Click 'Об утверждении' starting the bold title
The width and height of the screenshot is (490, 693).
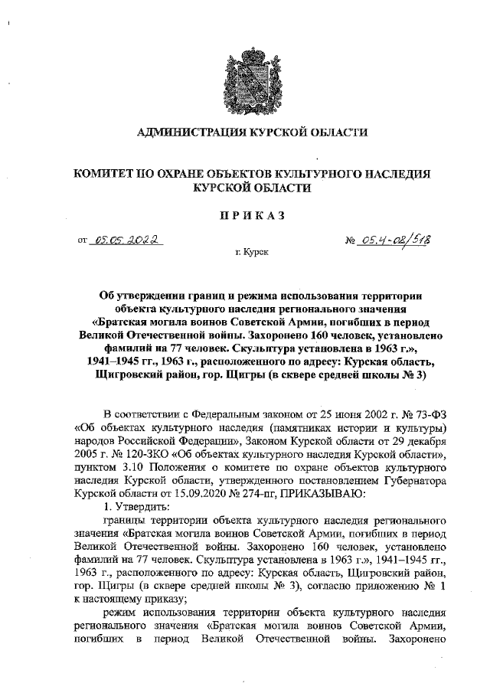pos(146,295)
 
